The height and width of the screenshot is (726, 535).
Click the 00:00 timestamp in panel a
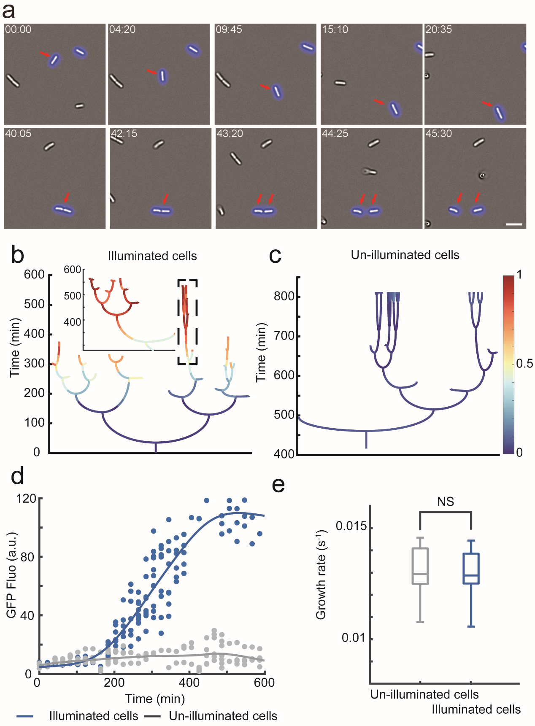18,30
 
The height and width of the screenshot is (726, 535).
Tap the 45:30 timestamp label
438,134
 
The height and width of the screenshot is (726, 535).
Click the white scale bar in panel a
514,224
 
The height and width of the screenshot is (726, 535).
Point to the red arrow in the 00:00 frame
44,54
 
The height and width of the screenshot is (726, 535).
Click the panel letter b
17,255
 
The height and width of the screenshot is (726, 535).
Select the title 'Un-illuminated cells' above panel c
405,255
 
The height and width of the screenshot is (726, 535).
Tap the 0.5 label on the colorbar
524,364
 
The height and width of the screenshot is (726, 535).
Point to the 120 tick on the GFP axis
26,499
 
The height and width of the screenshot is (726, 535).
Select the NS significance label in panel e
446,502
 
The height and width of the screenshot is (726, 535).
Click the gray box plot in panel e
420,566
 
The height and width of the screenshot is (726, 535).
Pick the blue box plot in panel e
471,569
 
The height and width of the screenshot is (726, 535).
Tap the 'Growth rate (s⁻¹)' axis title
321,575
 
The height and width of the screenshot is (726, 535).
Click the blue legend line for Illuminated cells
25,716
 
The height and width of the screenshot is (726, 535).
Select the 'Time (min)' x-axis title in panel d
155,699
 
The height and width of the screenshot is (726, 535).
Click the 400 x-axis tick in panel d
189,683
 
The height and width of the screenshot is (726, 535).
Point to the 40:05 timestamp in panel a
18,134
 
